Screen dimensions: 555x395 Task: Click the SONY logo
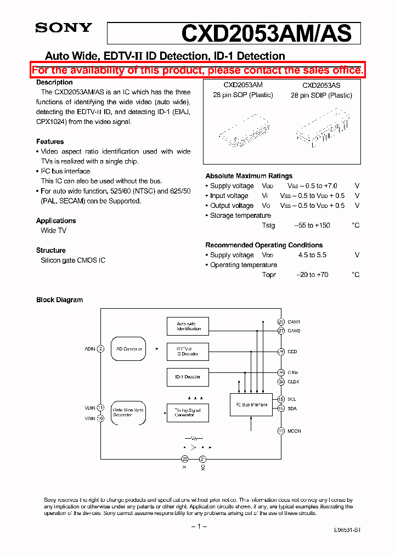pyautogui.click(x=64, y=28)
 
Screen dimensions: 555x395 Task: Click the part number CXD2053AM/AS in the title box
pyautogui.click(x=266, y=33)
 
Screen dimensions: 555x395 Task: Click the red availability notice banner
pyautogui.click(x=198, y=70)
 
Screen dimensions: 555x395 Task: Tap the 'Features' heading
pyautogui.click(x=50, y=141)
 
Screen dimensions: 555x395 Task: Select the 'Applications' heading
pyautogui.click(x=56, y=220)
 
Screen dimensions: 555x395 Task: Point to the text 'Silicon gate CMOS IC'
pyautogui.click(x=73, y=260)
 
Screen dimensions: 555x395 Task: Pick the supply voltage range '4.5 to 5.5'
pyautogui.click(x=312, y=255)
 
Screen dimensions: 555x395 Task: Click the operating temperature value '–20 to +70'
pyautogui.click(x=312, y=275)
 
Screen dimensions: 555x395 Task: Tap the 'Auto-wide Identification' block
pyautogui.click(x=188, y=326)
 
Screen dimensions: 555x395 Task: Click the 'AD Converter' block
pyautogui.click(x=129, y=349)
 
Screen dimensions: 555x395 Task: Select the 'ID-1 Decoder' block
pyautogui.click(x=188, y=377)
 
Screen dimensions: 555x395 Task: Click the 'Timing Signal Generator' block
pyautogui.click(x=188, y=412)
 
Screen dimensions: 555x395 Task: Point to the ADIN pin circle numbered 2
pyautogui.click(x=100, y=349)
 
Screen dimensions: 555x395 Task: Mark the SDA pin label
pyautogui.click(x=292, y=408)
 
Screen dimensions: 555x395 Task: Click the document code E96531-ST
pyautogui.click(x=347, y=530)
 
